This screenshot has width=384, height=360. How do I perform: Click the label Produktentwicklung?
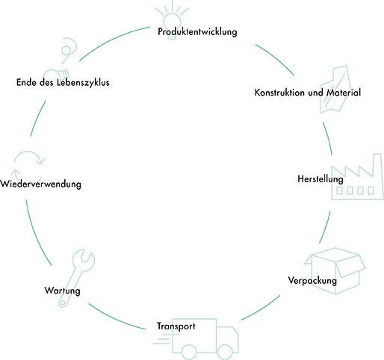point(197,32)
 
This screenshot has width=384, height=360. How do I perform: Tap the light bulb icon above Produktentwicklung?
point(172,20)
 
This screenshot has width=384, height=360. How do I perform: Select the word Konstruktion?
point(279,93)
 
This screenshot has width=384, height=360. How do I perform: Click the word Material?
point(344,93)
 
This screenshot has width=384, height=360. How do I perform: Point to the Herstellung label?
point(320,179)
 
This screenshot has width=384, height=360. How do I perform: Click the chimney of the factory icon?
point(377,165)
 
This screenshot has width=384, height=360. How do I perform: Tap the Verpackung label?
point(312,281)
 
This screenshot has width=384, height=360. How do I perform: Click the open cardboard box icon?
point(335,271)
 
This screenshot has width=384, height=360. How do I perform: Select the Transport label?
point(176,326)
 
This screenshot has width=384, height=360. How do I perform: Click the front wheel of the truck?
point(225,353)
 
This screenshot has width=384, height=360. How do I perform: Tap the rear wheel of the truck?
point(189,353)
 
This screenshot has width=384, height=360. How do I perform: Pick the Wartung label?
point(63,291)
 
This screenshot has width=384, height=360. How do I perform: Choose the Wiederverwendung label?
point(40,184)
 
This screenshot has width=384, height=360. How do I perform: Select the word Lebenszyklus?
point(83,82)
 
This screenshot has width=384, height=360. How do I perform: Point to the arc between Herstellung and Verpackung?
point(326,228)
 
